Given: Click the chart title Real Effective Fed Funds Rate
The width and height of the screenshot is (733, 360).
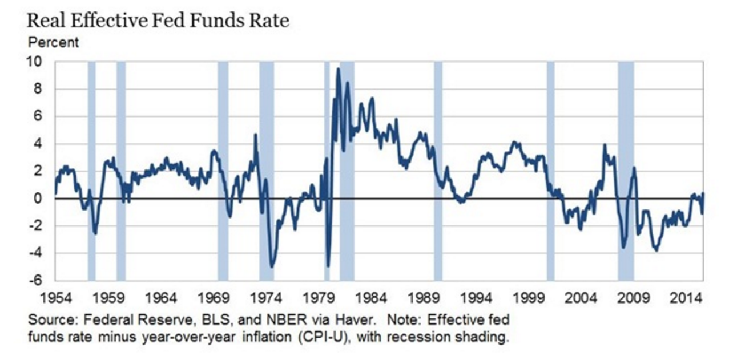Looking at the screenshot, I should (x=158, y=22).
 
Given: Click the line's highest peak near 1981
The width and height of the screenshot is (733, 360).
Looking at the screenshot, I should (x=339, y=69).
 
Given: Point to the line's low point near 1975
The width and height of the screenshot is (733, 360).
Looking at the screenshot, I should (x=272, y=267).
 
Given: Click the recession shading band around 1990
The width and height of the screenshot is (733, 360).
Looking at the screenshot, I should (x=438, y=171).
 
